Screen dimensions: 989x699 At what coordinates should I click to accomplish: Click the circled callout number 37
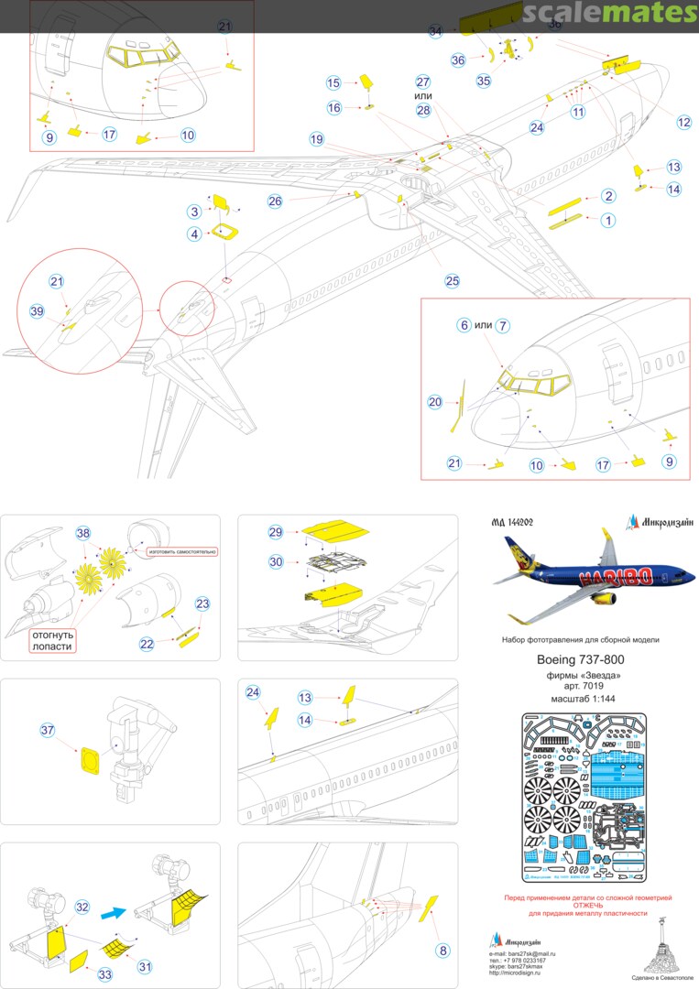49,730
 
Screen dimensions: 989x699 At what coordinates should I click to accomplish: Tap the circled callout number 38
83,532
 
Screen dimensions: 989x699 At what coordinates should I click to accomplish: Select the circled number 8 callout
443,951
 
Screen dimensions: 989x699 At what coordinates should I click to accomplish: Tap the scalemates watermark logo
612,13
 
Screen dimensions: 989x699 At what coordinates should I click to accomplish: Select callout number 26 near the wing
276,201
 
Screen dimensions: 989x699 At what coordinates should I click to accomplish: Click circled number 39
37,311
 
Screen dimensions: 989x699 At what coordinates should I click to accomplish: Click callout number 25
452,281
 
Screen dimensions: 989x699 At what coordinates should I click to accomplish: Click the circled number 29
276,532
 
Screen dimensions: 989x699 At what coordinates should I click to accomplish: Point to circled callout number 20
435,401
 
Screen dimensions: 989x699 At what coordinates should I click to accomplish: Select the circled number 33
105,975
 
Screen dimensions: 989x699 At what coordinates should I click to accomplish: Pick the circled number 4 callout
194,234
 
